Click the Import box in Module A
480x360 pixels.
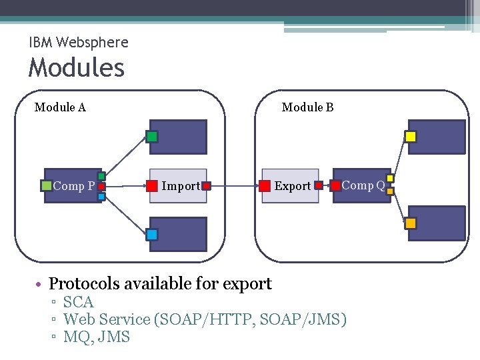click(x=178, y=185)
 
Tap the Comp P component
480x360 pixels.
click(x=73, y=186)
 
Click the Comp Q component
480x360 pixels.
click(x=362, y=185)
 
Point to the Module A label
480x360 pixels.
click(x=60, y=107)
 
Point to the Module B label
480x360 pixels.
click(x=307, y=107)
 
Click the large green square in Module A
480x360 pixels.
click(x=152, y=137)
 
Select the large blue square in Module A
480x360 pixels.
click(x=152, y=235)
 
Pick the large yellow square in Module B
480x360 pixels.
click(x=411, y=137)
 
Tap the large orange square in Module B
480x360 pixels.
click(x=411, y=223)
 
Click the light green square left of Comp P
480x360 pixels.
click(x=46, y=186)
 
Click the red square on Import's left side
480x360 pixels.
click(x=153, y=185)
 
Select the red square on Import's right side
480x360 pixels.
click(x=207, y=185)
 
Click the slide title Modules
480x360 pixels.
click(x=76, y=68)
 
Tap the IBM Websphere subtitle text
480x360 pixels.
click(x=79, y=43)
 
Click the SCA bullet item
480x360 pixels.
click(x=78, y=303)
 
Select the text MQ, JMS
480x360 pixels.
click(x=96, y=337)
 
